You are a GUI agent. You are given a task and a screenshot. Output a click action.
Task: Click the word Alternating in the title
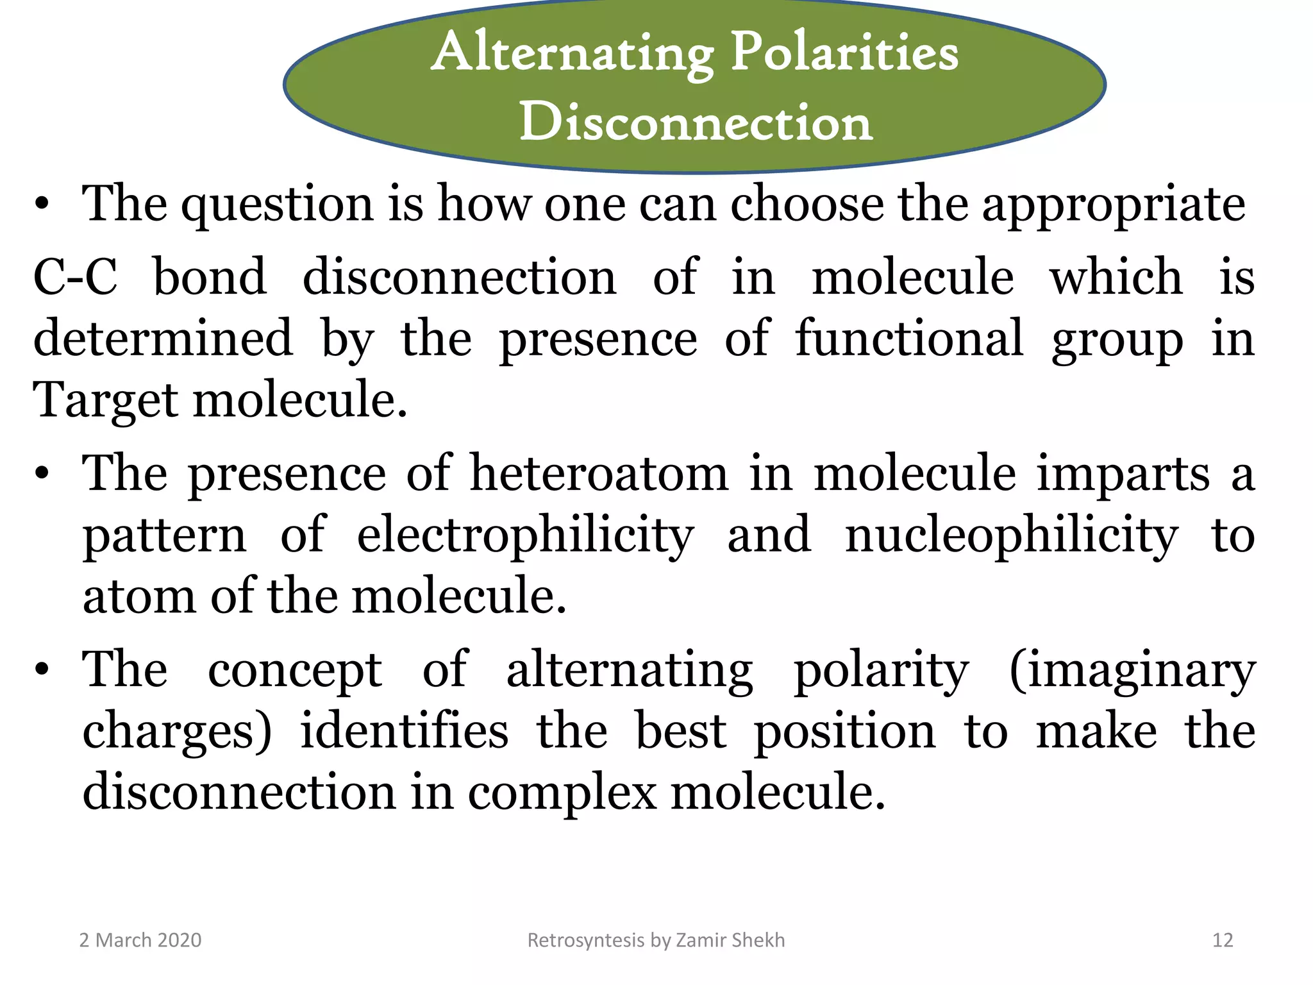pyautogui.click(x=573, y=54)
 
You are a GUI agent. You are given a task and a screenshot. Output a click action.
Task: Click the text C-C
pyautogui.click(x=76, y=277)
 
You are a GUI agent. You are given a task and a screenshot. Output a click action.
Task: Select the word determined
pyautogui.click(x=163, y=339)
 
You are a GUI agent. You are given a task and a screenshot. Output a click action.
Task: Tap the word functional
pyautogui.click(x=908, y=339)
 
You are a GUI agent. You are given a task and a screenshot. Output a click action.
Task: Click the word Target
pyautogui.click(x=105, y=401)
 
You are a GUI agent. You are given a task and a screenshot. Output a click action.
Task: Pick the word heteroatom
pyautogui.click(x=599, y=473)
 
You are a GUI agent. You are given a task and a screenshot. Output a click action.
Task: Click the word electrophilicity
pyautogui.click(x=525, y=535)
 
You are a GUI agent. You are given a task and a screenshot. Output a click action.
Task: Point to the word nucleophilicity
pyautogui.click(x=1011, y=535)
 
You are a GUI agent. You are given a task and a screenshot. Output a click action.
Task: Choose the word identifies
pyautogui.click(x=404, y=731)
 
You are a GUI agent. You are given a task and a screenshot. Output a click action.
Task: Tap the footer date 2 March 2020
pyautogui.click(x=140, y=940)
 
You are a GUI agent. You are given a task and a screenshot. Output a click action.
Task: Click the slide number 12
pyautogui.click(x=1223, y=940)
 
